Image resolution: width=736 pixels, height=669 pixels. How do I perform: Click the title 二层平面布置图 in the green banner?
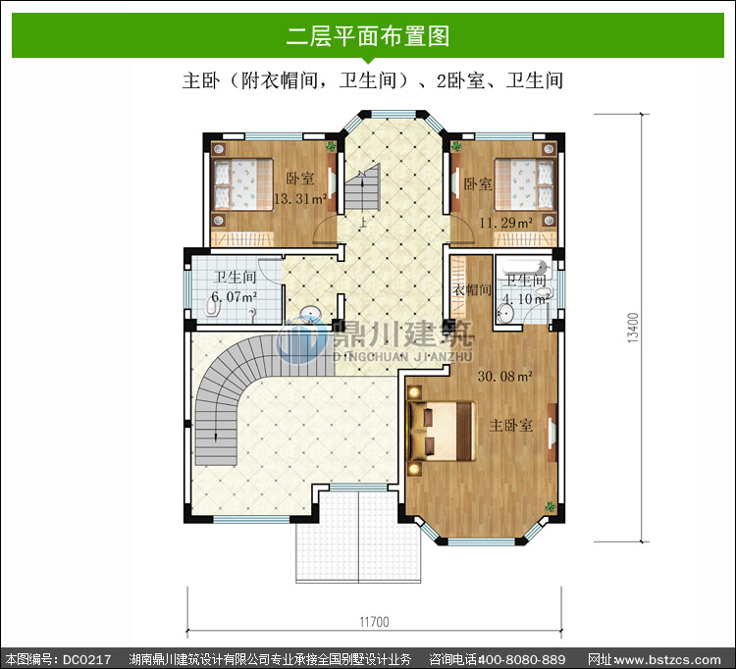pyautogui.click(x=368, y=36)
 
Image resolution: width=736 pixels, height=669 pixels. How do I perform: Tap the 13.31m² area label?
pyautogui.click(x=300, y=199)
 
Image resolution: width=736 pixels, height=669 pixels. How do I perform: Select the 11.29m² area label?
pyautogui.click(x=505, y=223)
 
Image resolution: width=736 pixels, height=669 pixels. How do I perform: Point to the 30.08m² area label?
pyautogui.click(x=505, y=376)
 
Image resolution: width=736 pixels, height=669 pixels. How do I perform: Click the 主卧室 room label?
pyautogui.click(x=511, y=425)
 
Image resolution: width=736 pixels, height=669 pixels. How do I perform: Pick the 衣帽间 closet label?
pyautogui.click(x=472, y=289)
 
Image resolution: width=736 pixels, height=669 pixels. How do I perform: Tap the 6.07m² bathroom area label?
pyautogui.click(x=234, y=296)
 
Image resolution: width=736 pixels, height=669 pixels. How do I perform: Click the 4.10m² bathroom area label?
pyautogui.click(x=526, y=298)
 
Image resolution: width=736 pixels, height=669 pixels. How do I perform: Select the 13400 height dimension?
pyautogui.click(x=633, y=328)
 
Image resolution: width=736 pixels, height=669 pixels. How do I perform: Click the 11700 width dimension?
pyautogui.click(x=374, y=622)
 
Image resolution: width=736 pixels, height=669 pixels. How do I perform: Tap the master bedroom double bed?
pyautogui.click(x=442, y=431)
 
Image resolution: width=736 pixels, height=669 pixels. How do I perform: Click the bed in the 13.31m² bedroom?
pyautogui.click(x=243, y=184)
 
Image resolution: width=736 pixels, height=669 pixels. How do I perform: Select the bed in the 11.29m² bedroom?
pyautogui.click(x=525, y=184)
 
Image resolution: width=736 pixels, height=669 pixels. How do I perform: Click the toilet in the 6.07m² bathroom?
pyautogui.click(x=211, y=307)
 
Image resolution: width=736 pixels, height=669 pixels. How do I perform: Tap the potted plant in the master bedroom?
pyautogui.click(x=550, y=507)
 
